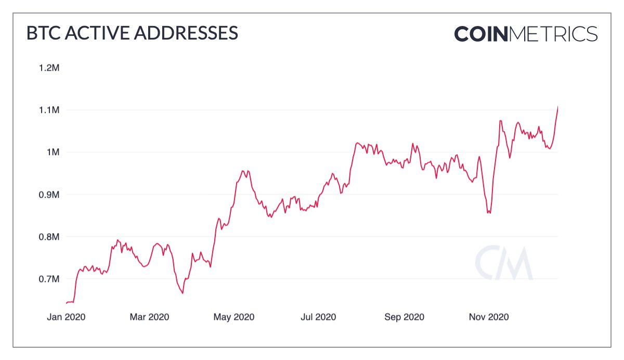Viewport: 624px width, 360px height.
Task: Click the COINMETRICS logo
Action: [526, 34]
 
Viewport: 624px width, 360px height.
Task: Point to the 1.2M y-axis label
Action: [49, 68]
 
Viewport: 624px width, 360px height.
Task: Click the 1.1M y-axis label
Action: [49, 110]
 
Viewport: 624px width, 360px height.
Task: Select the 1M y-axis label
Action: [53, 152]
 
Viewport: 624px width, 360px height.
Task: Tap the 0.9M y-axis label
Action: [49, 195]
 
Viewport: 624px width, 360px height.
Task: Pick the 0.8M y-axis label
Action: [49, 237]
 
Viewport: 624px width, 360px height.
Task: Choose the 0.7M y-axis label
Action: [49, 279]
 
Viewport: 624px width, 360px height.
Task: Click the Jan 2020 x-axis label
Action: [66, 317]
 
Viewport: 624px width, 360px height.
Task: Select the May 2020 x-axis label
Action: [234, 317]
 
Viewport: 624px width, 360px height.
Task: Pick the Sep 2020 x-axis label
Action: [404, 317]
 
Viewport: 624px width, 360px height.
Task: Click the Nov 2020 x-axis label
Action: [488, 317]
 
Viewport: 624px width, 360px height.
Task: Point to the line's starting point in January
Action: [67, 303]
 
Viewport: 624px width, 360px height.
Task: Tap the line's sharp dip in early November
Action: [489, 213]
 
